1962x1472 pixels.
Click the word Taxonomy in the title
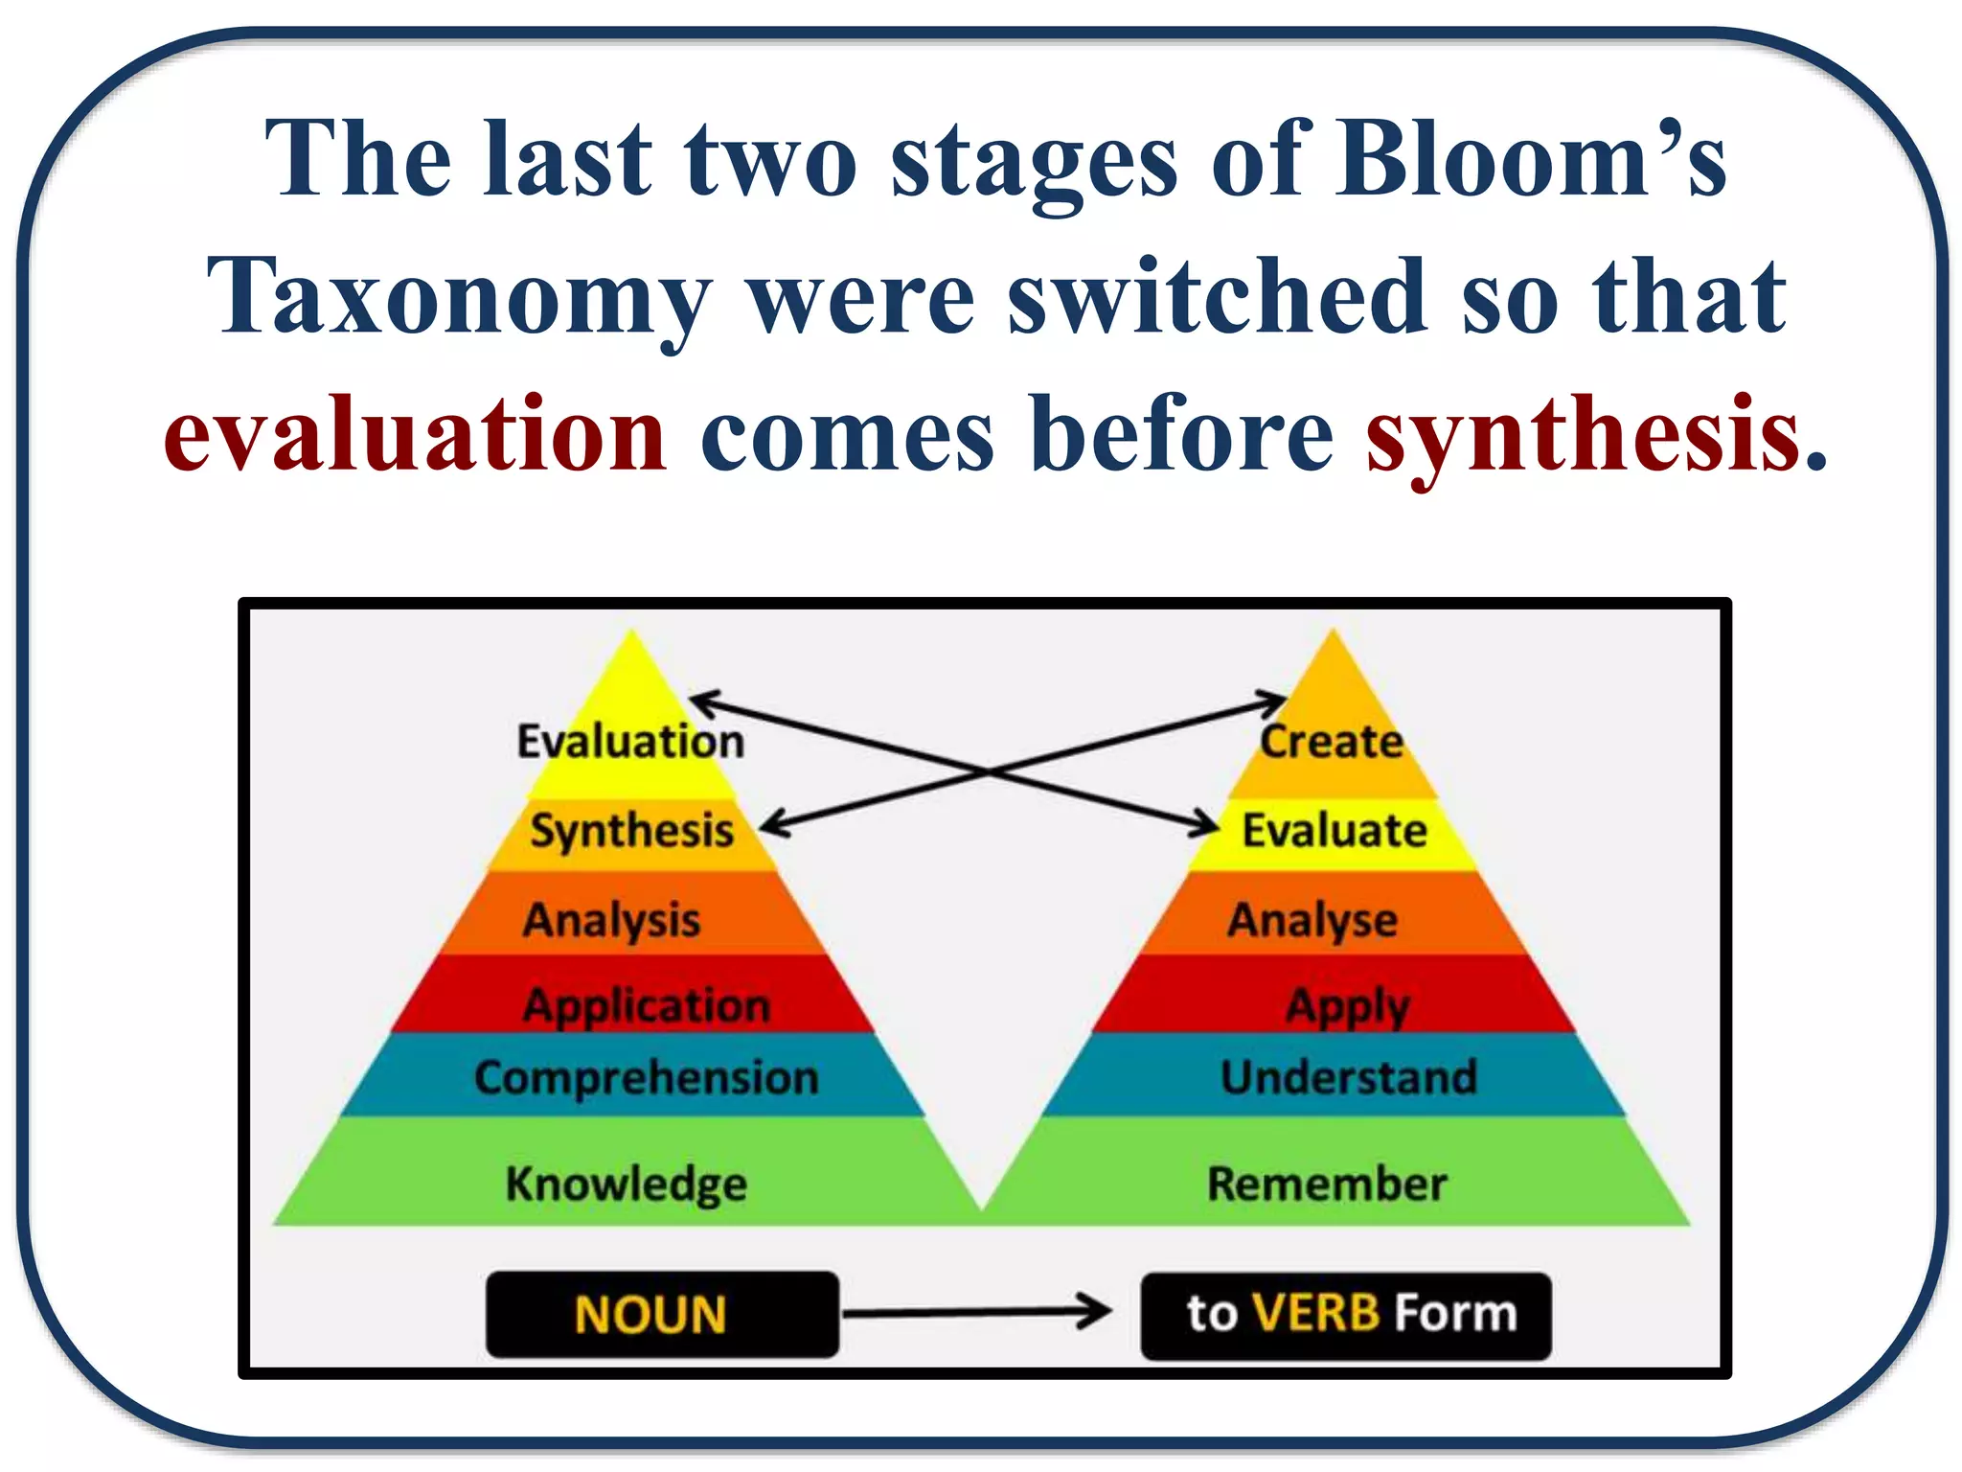coord(460,297)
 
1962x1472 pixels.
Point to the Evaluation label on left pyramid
coord(630,742)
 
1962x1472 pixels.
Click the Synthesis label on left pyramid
coord(632,830)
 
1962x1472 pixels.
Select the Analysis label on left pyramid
coord(611,919)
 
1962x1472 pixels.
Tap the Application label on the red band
coord(647,1005)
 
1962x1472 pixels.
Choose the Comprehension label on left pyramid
coord(647,1077)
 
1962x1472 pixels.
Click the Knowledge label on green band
coord(626,1184)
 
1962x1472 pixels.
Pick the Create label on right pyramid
coord(1332,741)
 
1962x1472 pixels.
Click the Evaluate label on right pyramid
coord(1335,830)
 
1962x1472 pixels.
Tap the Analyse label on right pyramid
coord(1312,919)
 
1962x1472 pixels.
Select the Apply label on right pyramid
coord(1348,1005)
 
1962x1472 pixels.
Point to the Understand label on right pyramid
coord(1349,1077)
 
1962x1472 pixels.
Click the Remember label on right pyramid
coord(1327,1184)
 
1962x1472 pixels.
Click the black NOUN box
coord(662,1314)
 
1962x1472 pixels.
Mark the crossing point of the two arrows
coord(988,770)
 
